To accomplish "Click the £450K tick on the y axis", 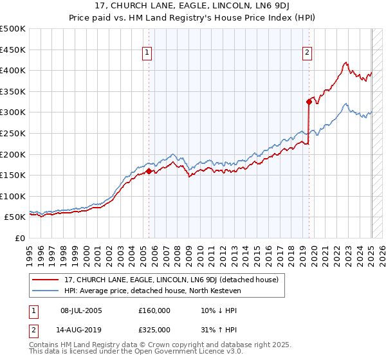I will point(13,50).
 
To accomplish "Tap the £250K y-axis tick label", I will point(13,133).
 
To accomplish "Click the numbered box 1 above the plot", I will point(148,53).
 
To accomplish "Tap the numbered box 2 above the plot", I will point(308,53).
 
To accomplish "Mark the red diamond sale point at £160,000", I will point(149,171).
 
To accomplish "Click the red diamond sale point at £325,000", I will point(309,101).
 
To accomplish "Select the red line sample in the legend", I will point(45,280).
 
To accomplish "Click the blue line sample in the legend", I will point(45,291).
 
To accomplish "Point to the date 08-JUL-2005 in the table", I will point(80,310).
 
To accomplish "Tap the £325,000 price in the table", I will point(154,330).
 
